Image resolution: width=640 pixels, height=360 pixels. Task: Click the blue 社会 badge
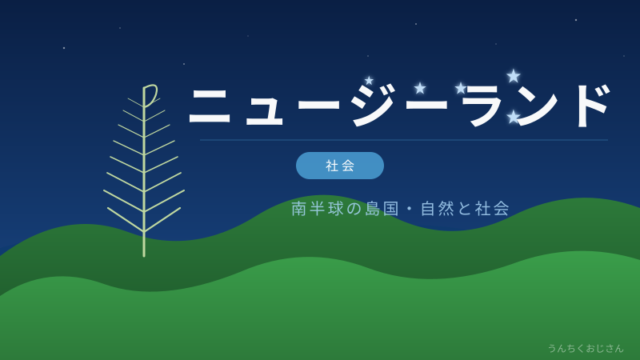pos(340,166)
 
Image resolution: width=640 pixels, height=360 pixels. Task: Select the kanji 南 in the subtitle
pos(299,209)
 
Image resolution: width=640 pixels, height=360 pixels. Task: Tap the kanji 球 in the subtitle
pos(336,209)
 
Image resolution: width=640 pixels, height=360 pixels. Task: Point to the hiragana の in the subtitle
pos(354,209)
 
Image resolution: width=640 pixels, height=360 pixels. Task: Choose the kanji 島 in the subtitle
pos(373,209)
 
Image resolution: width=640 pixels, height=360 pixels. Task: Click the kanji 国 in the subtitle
pos(391,209)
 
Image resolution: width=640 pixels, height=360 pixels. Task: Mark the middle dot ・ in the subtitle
pos(410,209)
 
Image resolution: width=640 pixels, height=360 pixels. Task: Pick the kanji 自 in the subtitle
pos(428,209)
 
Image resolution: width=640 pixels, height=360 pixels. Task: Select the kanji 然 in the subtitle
pos(446,209)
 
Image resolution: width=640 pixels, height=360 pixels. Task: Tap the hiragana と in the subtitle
pos(465,209)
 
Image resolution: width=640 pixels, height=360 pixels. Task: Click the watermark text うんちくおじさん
pos(585,348)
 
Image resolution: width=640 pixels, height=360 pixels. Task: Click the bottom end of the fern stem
pos(144,255)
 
